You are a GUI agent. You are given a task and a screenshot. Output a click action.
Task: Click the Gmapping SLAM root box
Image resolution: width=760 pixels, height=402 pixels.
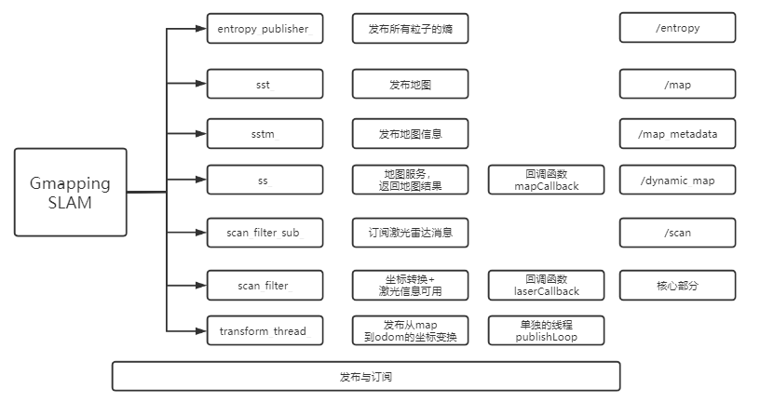coord(71,193)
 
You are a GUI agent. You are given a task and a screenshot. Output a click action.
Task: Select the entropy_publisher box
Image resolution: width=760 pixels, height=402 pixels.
coord(265,29)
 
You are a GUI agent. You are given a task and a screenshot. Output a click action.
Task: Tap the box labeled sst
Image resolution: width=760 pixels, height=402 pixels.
coord(265,85)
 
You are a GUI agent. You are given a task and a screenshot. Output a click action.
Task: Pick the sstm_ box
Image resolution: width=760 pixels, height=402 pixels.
coord(265,134)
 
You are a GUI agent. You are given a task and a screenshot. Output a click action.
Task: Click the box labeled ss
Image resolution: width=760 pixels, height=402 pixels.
coord(265,180)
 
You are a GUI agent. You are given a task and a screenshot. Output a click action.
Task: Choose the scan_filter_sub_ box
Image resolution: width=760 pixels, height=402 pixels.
coord(265,233)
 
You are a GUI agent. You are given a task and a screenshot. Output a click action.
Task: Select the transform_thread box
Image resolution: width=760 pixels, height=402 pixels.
coord(265,330)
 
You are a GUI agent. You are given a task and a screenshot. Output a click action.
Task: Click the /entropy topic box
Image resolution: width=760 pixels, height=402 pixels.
coord(677,29)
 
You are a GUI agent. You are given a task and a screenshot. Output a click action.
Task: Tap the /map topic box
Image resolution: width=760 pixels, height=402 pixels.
coord(677,85)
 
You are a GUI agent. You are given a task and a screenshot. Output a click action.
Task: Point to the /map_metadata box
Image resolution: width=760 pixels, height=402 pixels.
coord(677,134)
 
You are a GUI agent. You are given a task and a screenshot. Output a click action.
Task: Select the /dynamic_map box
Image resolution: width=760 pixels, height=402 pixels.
coord(677,180)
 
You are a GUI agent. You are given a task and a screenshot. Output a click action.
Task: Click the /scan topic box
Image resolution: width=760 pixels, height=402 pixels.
coord(677,233)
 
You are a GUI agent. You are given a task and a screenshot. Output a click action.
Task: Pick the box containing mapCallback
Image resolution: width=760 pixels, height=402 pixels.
coord(546,180)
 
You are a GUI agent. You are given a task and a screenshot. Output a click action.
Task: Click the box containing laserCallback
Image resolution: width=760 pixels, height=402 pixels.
coord(546,285)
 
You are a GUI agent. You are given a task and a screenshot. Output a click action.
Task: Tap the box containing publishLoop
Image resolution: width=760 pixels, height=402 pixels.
coord(546,330)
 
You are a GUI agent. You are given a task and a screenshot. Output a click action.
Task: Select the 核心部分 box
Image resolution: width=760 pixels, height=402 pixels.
coord(677,285)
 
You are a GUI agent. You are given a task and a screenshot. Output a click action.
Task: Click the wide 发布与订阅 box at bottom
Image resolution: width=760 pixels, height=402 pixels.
coord(365,377)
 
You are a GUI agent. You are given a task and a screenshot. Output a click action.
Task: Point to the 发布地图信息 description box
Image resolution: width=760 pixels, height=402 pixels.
coord(409,134)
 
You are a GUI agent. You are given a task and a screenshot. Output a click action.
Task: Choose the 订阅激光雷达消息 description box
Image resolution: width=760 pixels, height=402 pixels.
coord(409,233)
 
